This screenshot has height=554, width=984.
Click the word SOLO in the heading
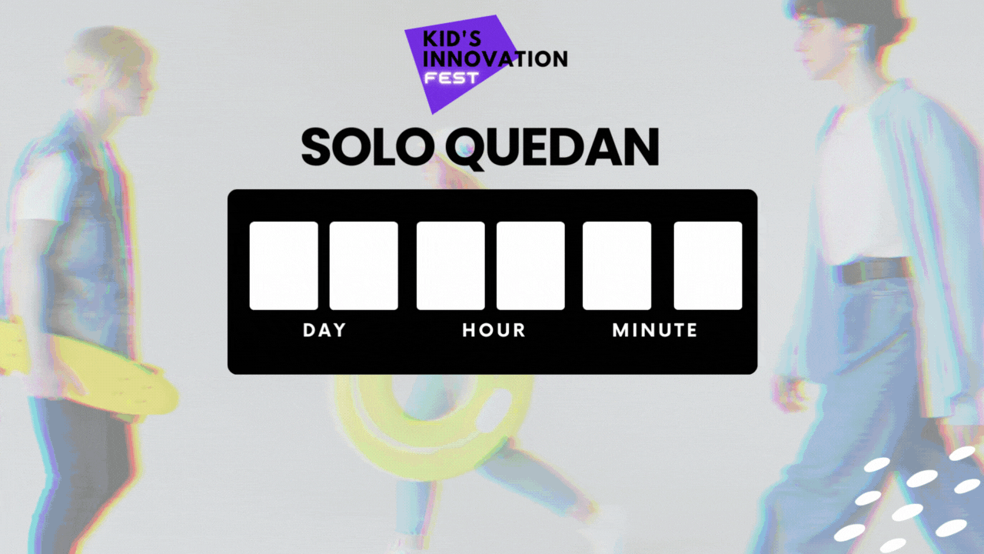365,147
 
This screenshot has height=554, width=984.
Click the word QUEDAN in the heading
552,149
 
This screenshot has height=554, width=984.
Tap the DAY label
324,330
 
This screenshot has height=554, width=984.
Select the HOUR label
494,330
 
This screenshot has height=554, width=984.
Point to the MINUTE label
654,330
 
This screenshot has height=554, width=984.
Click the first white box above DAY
284,265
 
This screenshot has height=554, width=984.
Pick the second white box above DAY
364,265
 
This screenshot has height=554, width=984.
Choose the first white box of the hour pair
450,265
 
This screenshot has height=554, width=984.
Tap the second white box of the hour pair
530,265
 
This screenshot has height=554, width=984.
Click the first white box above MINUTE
617,265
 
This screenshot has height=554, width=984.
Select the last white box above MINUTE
708,265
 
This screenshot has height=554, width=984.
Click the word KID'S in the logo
452,38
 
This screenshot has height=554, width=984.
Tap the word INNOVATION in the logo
496,59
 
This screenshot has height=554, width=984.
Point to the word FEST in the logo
451,78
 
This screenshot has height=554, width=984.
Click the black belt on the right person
872,270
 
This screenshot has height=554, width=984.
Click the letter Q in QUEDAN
467,149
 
